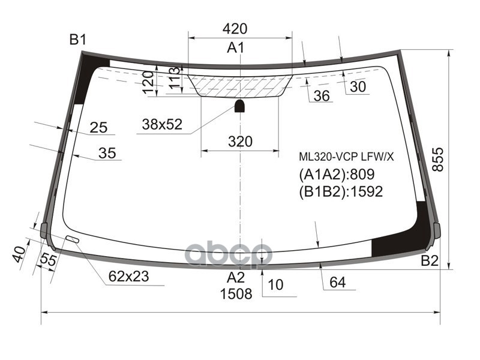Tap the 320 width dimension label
(x=240, y=142)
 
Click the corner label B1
(x=78, y=40)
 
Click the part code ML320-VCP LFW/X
(x=347, y=157)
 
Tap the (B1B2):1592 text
(x=340, y=191)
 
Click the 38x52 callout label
(x=161, y=125)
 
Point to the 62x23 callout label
(x=128, y=277)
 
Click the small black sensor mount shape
(x=239, y=107)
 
